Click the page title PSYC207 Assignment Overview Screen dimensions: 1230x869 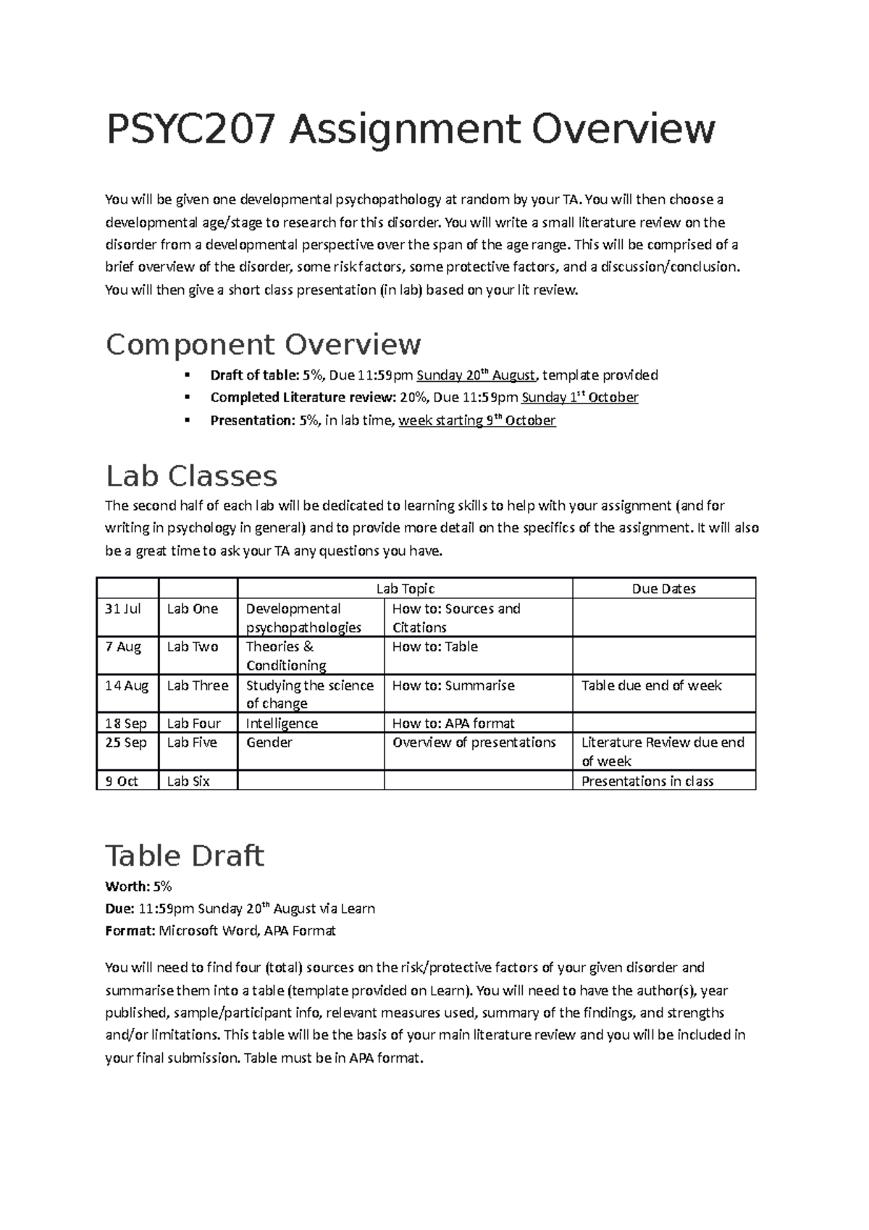click(411, 130)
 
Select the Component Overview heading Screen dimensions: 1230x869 click(263, 344)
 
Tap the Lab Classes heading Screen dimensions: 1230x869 click(191, 476)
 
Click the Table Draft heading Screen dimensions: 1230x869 click(185, 855)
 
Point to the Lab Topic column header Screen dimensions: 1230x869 click(405, 589)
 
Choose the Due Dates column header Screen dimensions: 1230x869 click(663, 589)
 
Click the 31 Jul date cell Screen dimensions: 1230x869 click(123, 608)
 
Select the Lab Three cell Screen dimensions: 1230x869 click(198, 685)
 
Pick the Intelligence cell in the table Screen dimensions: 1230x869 click(282, 723)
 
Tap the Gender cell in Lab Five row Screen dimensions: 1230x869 click(269, 742)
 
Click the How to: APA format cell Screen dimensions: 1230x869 click(453, 723)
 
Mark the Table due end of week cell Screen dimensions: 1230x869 click(651, 685)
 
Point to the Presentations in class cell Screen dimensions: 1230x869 click(647, 781)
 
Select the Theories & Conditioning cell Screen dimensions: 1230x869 click(286, 656)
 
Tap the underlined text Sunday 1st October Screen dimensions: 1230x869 click(579, 398)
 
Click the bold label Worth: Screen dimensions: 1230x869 click(127, 886)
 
